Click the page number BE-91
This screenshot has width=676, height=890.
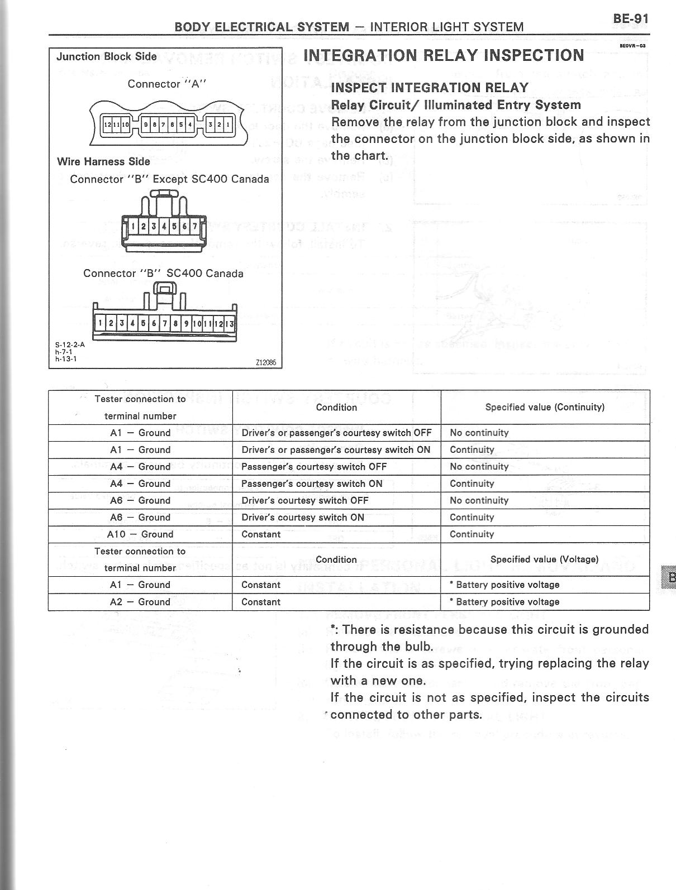pyautogui.click(x=631, y=18)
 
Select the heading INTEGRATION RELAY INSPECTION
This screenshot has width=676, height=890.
pyautogui.click(x=444, y=55)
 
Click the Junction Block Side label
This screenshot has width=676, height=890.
pyautogui.click(x=107, y=56)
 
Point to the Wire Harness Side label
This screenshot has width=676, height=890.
pyautogui.click(x=103, y=161)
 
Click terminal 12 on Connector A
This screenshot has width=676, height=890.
pyautogui.click(x=106, y=125)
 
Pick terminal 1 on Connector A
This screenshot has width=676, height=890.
pyautogui.click(x=227, y=125)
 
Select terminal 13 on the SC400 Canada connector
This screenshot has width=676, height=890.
pyautogui.click(x=231, y=323)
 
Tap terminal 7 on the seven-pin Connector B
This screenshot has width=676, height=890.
pyautogui.click(x=194, y=226)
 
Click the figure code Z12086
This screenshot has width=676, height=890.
pyautogui.click(x=265, y=362)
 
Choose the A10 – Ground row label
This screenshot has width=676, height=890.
pyautogui.click(x=140, y=534)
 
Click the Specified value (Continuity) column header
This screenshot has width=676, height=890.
pyautogui.click(x=545, y=407)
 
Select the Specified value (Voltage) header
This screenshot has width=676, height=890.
pyautogui.click(x=544, y=559)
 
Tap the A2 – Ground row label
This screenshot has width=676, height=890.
pyautogui.click(x=140, y=602)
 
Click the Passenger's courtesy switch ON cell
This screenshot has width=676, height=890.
pyautogui.click(x=312, y=484)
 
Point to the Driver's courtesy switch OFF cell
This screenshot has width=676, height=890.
pyautogui.click(x=304, y=500)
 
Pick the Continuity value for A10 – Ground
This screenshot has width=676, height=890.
pyautogui.click(x=472, y=534)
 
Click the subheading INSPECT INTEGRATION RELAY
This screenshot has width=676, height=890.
pyautogui.click(x=430, y=88)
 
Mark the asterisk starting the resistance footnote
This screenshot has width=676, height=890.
pyautogui.click(x=333, y=629)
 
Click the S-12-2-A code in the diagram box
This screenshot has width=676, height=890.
pyautogui.click(x=70, y=344)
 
